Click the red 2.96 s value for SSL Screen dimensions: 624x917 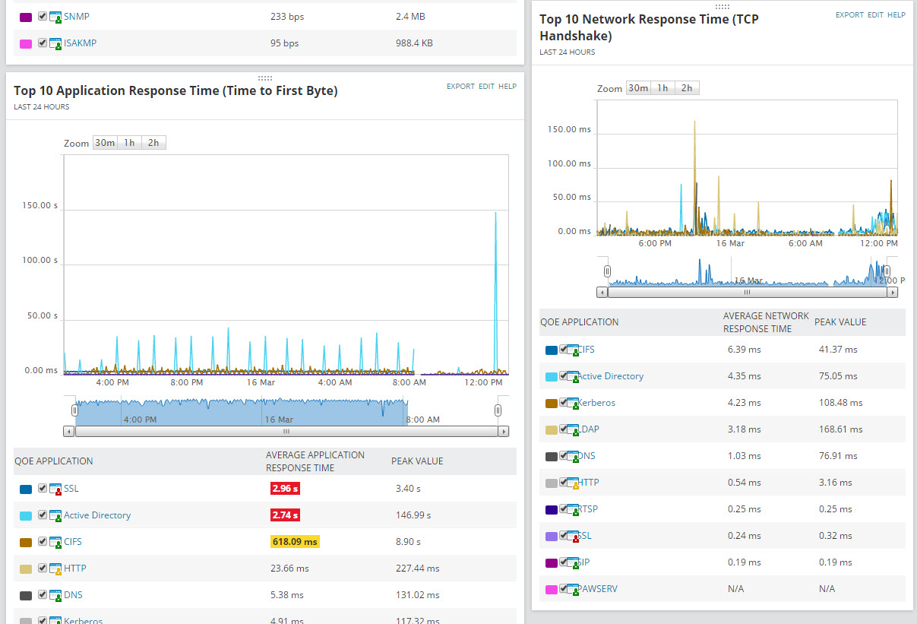pyautogui.click(x=285, y=489)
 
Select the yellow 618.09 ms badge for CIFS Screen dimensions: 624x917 pyautogui.click(x=295, y=542)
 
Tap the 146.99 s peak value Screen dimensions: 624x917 pyautogui.click(x=413, y=515)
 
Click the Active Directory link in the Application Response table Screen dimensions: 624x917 pyautogui.click(x=97, y=515)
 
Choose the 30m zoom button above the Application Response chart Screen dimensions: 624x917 pyautogui.click(x=105, y=143)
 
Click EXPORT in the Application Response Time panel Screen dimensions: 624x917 pyautogui.click(x=460, y=87)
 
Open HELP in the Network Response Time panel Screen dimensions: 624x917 pyautogui.click(x=896, y=15)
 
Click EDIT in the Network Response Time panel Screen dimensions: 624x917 pyautogui.click(x=876, y=15)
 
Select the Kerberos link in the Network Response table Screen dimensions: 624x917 pyautogui.click(x=596, y=403)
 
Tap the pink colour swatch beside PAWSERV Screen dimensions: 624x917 pyautogui.click(x=551, y=589)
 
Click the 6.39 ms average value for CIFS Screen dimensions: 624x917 pyautogui.click(x=744, y=350)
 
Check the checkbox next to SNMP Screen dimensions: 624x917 pyautogui.click(x=43, y=16)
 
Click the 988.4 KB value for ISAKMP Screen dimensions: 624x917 pyautogui.click(x=414, y=43)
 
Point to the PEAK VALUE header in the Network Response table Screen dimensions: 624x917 pyautogui.click(x=840, y=322)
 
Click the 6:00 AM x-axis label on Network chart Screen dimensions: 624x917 pyautogui.click(x=805, y=244)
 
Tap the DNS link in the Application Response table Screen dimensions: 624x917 pyautogui.click(x=73, y=595)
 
